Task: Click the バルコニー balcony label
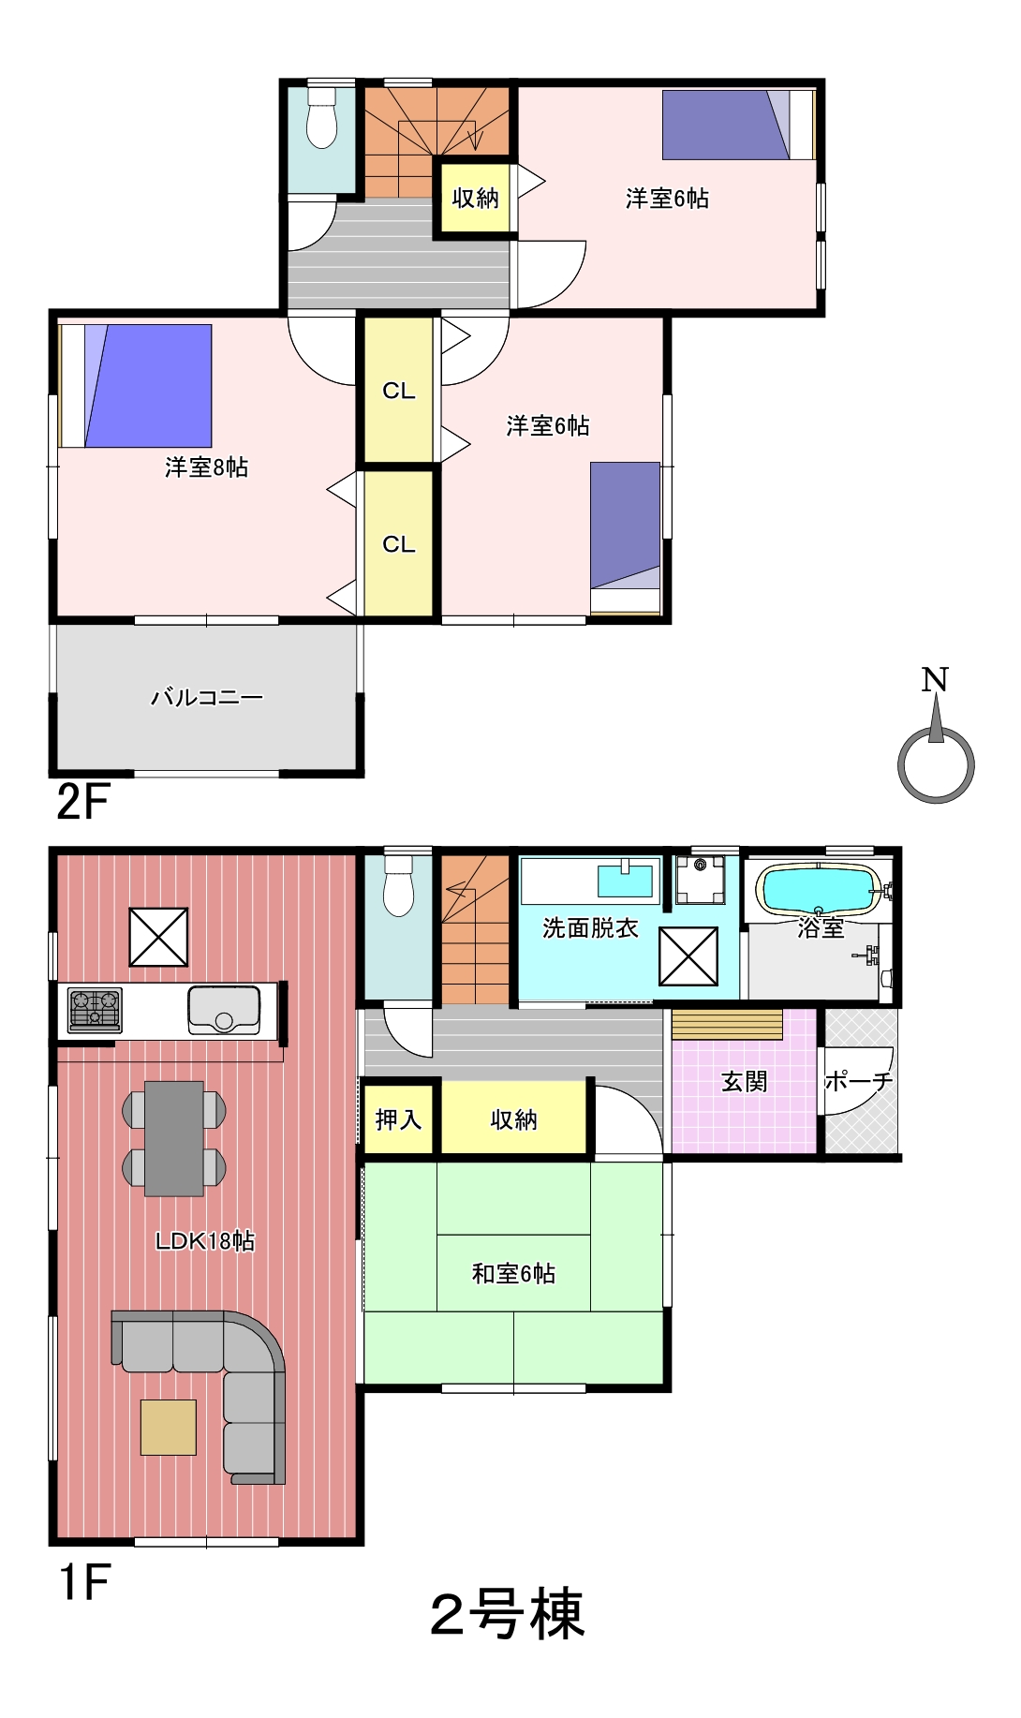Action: click(x=207, y=697)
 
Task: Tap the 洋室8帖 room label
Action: click(x=207, y=467)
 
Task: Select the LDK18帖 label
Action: click(x=205, y=1240)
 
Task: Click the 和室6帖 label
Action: click(x=513, y=1273)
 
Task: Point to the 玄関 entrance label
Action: click(x=745, y=1081)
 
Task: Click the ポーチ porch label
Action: click(x=859, y=1081)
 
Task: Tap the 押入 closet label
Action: click(x=398, y=1119)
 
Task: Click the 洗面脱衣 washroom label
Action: click(x=590, y=927)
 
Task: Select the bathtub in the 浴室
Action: click(x=819, y=889)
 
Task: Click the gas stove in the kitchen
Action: click(x=95, y=1011)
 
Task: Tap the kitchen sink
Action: click(x=224, y=1010)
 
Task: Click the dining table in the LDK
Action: click(x=174, y=1138)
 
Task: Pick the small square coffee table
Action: click(x=169, y=1427)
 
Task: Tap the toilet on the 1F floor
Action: click(x=399, y=886)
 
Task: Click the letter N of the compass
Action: click(x=935, y=679)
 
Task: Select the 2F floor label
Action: click(x=82, y=802)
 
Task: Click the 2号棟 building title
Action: click(x=508, y=1614)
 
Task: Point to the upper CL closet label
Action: click(x=399, y=391)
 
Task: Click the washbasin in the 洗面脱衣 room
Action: click(x=625, y=881)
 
